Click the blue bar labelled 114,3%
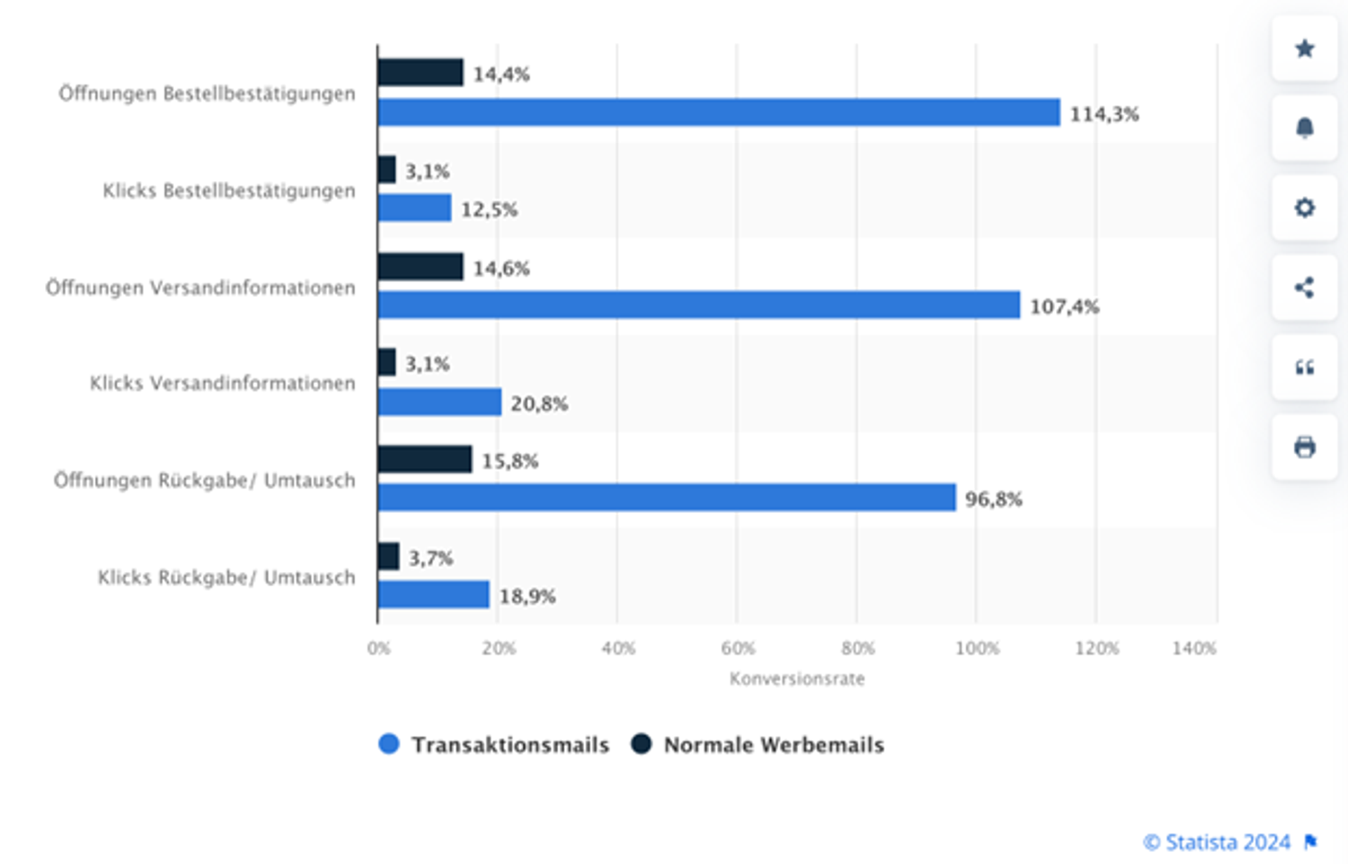718,112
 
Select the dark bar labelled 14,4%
420,72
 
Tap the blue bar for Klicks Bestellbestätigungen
414,208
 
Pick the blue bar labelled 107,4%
699,305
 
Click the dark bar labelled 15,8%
424,459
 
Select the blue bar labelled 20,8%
440,402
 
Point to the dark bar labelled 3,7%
388,557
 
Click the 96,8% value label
993,499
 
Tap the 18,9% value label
527,597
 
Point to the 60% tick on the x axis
737,649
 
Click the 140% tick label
1194,649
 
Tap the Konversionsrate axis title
797,679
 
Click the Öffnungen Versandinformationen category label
201,288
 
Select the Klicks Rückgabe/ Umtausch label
226,578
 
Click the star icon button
1304,48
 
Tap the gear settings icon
1304,208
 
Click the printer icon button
1304,447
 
